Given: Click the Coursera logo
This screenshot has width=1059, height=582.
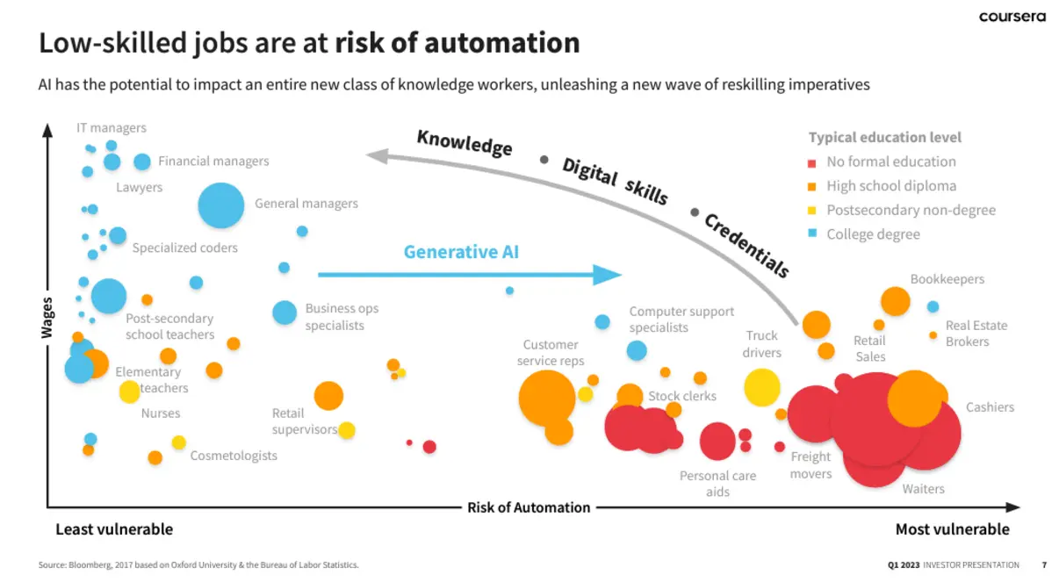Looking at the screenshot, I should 1012,17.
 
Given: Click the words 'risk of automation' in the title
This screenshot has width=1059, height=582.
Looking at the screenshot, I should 457,43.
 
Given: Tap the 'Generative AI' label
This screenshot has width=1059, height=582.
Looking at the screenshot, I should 461,252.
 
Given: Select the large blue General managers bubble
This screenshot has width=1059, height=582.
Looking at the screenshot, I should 220,205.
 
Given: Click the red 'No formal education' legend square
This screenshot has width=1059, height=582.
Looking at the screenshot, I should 811,162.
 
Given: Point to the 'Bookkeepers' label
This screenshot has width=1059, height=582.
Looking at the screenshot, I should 947,279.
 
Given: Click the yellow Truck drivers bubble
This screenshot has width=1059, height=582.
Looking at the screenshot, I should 762,387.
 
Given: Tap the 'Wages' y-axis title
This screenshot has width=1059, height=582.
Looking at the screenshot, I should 47,319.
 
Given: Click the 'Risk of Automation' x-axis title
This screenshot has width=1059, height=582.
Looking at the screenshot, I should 529,507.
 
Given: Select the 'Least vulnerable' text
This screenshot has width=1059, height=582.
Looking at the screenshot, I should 114,529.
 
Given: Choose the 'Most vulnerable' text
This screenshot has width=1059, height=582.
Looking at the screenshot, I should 952,529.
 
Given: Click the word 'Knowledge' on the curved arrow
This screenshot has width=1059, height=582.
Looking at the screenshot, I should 464,142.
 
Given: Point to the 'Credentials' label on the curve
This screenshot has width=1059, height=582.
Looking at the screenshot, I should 746,245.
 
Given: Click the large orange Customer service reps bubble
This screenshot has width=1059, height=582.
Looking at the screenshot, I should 547,398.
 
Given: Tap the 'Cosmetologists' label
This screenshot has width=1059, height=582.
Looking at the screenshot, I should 234,456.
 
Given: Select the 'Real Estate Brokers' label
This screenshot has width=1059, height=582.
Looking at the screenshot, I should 976,334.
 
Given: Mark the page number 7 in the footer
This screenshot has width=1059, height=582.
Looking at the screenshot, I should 1043,564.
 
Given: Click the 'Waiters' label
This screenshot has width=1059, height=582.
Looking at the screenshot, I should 923,489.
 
